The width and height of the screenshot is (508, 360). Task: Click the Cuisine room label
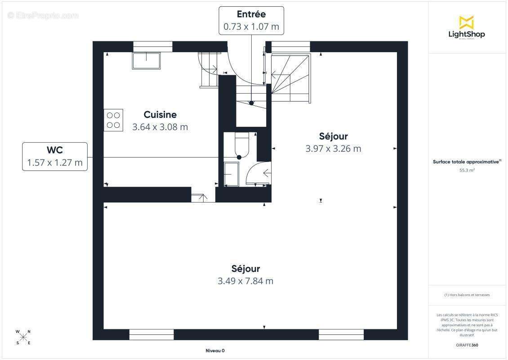[160, 115]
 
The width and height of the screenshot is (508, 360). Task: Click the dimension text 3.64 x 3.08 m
[160, 127]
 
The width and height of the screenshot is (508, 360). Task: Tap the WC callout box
[55, 157]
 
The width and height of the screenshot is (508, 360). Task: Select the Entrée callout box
[251, 21]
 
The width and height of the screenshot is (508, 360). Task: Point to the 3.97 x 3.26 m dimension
[333, 148]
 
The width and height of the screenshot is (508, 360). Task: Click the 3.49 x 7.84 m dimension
[245, 281]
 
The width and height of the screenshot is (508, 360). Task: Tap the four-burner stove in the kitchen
[113, 120]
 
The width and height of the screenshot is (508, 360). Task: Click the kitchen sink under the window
[146, 60]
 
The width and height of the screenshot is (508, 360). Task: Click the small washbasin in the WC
[232, 174]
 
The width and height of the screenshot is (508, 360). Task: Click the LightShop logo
[467, 27]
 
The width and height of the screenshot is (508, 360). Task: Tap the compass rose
[23, 337]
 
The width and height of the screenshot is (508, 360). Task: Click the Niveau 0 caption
[215, 351]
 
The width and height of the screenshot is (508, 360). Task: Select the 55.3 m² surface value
[467, 171]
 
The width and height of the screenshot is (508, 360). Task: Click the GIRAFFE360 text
[467, 345]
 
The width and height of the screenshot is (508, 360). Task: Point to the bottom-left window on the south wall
[152, 334]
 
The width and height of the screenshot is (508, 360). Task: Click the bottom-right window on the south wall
[341, 334]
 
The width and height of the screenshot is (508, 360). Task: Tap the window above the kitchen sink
[153, 46]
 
